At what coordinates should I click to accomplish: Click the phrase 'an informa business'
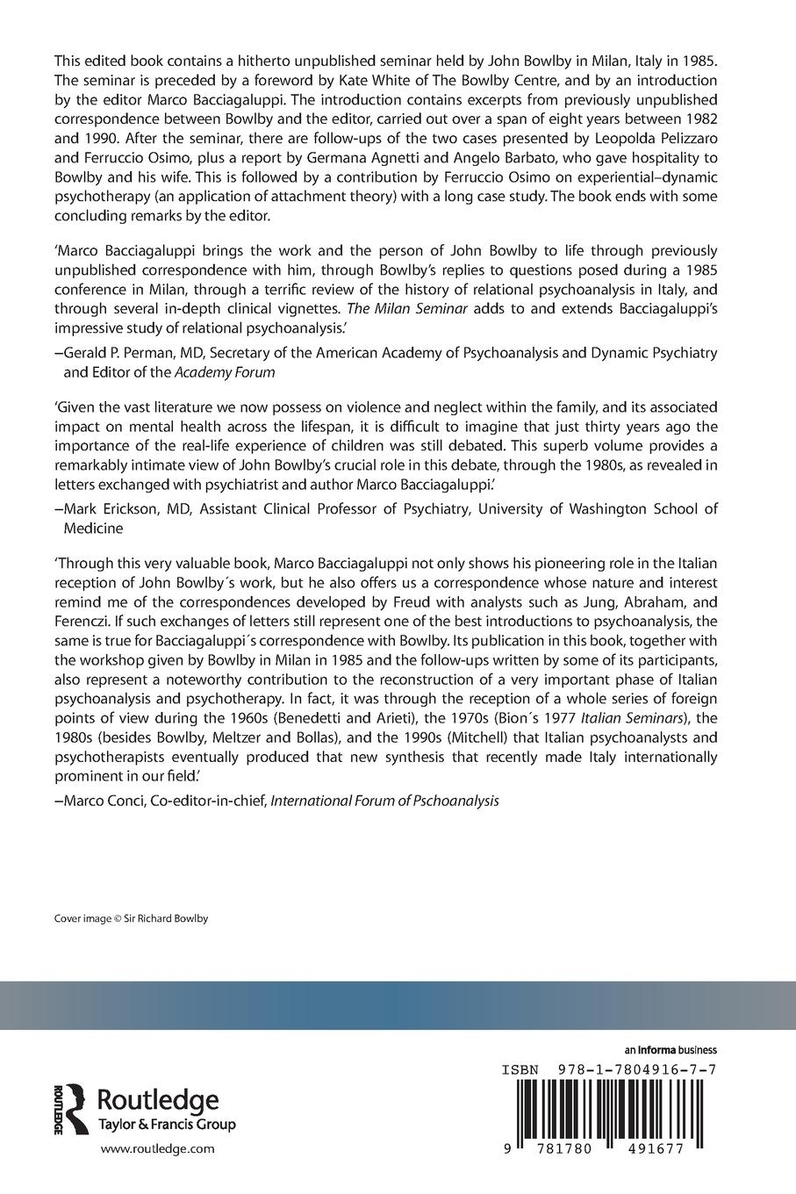point(671,1050)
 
